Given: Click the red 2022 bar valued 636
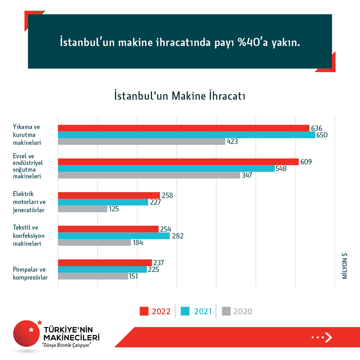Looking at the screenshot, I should [184, 128].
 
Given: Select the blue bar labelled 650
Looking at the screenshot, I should [187, 135].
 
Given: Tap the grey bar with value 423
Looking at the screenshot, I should [142, 142].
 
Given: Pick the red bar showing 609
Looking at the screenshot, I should [178, 162].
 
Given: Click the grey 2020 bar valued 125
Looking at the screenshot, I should [83, 209].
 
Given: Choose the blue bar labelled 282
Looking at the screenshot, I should [114, 236].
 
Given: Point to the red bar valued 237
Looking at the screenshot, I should [105, 263].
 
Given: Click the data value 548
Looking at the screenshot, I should [281, 169].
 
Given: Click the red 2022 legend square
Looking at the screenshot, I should [144, 311].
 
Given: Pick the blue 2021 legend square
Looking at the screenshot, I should [185, 311].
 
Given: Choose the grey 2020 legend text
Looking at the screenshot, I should [243, 311].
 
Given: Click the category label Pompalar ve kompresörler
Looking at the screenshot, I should [29, 273].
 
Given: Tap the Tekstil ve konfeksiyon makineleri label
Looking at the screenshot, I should [29, 235].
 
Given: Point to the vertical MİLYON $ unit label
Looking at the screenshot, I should [345, 266].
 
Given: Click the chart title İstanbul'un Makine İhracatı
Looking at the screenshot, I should [180, 96].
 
